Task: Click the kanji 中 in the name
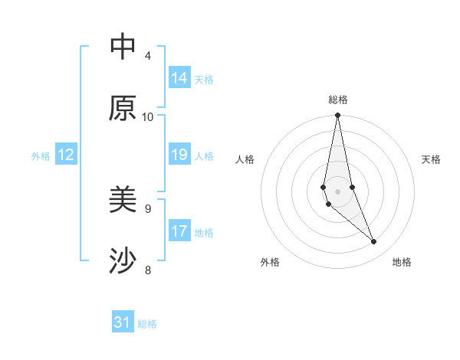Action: coord(123,47)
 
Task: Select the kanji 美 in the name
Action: coord(123,200)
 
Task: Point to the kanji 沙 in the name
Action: coord(123,261)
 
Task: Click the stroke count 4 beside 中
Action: coord(148,55)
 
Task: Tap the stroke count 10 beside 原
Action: coord(148,116)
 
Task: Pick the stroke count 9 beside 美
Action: coord(148,208)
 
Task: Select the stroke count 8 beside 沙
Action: coord(148,269)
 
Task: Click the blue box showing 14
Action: coord(179,78)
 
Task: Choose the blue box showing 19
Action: coord(179,155)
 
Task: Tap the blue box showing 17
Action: coord(179,231)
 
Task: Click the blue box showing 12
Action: coord(66,155)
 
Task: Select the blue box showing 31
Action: coord(123,323)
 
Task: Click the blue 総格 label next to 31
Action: coord(147,324)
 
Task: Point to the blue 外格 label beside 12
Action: coord(41,156)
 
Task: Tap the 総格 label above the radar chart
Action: coord(338,100)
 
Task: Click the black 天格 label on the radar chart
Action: coord(431,159)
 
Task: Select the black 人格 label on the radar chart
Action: coord(245,159)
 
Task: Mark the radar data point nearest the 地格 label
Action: coord(374,242)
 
